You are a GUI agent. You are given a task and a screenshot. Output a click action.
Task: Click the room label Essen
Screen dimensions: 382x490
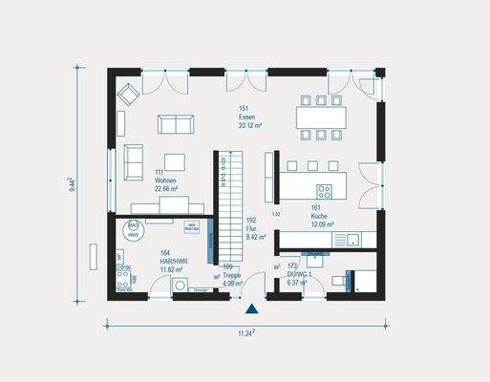coord(247,117)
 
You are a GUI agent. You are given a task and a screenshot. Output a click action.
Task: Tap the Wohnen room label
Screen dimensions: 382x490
coord(163,180)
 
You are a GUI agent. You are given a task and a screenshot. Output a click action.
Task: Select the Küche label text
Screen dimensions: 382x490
coord(320,216)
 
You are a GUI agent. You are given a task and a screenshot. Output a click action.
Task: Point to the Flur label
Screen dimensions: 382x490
coord(251,228)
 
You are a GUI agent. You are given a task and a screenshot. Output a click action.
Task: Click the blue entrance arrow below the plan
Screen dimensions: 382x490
coord(251,309)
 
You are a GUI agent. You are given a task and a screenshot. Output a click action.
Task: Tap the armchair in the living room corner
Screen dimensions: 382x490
coord(129,93)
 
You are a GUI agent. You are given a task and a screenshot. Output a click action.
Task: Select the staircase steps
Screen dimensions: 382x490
coord(225,205)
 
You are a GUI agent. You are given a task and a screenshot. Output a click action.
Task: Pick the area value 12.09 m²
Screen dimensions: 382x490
coord(321,224)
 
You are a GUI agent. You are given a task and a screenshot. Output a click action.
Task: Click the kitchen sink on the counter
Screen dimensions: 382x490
coord(353,238)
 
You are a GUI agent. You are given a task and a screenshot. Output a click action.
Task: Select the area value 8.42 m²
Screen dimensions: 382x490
coord(251,237)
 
